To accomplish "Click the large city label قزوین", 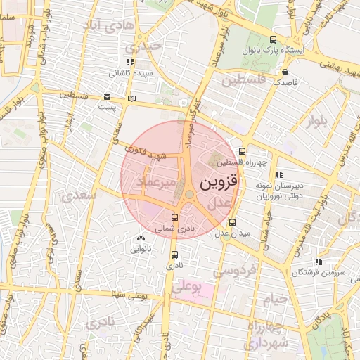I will pyautogui.click(x=220, y=184).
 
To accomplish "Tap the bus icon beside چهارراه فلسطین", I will pyautogui.click(x=243, y=151).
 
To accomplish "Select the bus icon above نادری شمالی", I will pyautogui.click(x=175, y=217).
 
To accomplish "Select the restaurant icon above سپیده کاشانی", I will pyautogui.click(x=129, y=62).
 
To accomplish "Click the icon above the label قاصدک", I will pyautogui.click(x=285, y=72).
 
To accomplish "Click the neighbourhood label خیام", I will pyautogui.click(x=275, y=300).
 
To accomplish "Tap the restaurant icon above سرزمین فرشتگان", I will pyautogui.click(x=319, y=262).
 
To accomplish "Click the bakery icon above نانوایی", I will pyautogui.click(x=142, y=238).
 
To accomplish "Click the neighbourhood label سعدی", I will pyautogui.click(x=79, y=197).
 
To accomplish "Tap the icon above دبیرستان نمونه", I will pyautogui.click(x=280, y=174).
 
